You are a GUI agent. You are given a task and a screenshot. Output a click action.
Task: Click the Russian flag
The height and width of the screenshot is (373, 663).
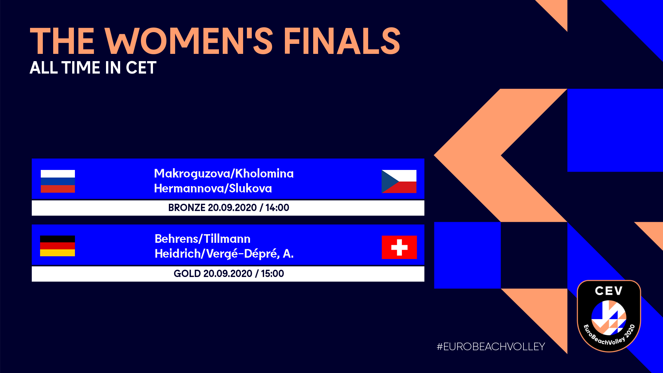tap(58, 181)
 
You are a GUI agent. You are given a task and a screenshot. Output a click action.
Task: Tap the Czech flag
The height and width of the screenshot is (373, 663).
tap(399, 181)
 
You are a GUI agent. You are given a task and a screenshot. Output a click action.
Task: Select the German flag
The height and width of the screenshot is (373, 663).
tap(57, 246)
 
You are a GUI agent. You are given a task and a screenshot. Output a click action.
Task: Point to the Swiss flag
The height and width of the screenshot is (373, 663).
tap(399, 247)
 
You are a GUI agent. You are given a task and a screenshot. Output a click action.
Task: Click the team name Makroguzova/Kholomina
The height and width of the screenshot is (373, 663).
tap(224, 173)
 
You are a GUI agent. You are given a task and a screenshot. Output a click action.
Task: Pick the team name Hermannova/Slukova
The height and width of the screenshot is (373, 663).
tap(213, 188)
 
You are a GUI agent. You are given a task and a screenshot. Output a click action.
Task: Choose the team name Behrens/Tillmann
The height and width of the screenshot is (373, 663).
tap(202, 239)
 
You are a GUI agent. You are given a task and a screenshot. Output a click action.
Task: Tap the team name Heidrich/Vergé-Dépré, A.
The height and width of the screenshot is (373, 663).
tap(224, 254)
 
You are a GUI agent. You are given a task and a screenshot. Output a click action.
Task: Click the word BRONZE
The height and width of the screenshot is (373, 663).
tap(187, 208)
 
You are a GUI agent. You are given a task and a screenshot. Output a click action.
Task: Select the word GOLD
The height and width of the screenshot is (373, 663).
tap(187, 274)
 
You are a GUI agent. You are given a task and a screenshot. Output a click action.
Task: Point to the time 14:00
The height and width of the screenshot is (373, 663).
tap(277, 208)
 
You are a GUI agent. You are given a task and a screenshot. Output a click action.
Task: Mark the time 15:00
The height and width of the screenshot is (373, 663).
tap(272, 274)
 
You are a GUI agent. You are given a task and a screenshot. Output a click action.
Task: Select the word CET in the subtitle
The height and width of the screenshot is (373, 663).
tap(141, 68)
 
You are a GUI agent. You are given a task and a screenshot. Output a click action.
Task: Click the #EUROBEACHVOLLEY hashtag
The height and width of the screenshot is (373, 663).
tap(491, 347)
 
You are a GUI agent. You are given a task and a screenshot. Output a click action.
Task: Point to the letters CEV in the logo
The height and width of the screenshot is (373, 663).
tap(609, 291)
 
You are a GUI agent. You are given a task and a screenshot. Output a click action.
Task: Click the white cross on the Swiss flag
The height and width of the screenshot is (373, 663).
tap(399, 247)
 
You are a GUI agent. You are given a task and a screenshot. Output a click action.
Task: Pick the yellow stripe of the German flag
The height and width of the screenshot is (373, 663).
tap(57, 253)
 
